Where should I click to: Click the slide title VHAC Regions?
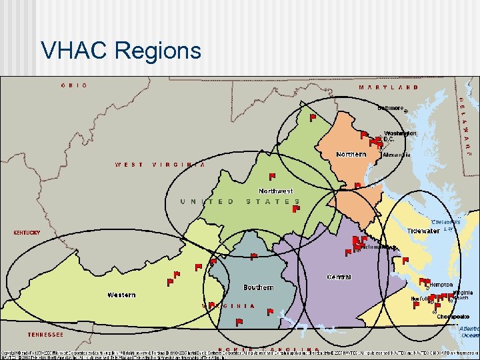[x=121, y=50]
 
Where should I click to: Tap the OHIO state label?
[x=74, y=85]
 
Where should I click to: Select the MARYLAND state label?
[x=389, y=87]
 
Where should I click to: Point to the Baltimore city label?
[x=391, y=107]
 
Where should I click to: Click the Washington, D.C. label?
[x=400, y=136]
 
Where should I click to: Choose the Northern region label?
[x=351, y=154]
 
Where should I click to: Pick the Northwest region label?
[x=275, y=191]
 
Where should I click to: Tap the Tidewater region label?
[x=423, y=231]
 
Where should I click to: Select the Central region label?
[x=339, y=277]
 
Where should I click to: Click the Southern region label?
[x=258, y=287]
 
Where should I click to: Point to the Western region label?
[x=121, y=295]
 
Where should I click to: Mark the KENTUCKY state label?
[x=27, y=233]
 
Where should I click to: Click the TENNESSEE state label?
[x=45, y=335]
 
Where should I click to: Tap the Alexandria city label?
[x=397, y=155]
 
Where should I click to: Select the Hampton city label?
[x=440, y=285]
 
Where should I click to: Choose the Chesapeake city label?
[x=453, y=316]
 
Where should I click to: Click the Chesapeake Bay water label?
[x=445, y=225]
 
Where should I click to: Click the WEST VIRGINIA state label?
[x=160, y=165]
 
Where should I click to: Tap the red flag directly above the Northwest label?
[x=272, y=177]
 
